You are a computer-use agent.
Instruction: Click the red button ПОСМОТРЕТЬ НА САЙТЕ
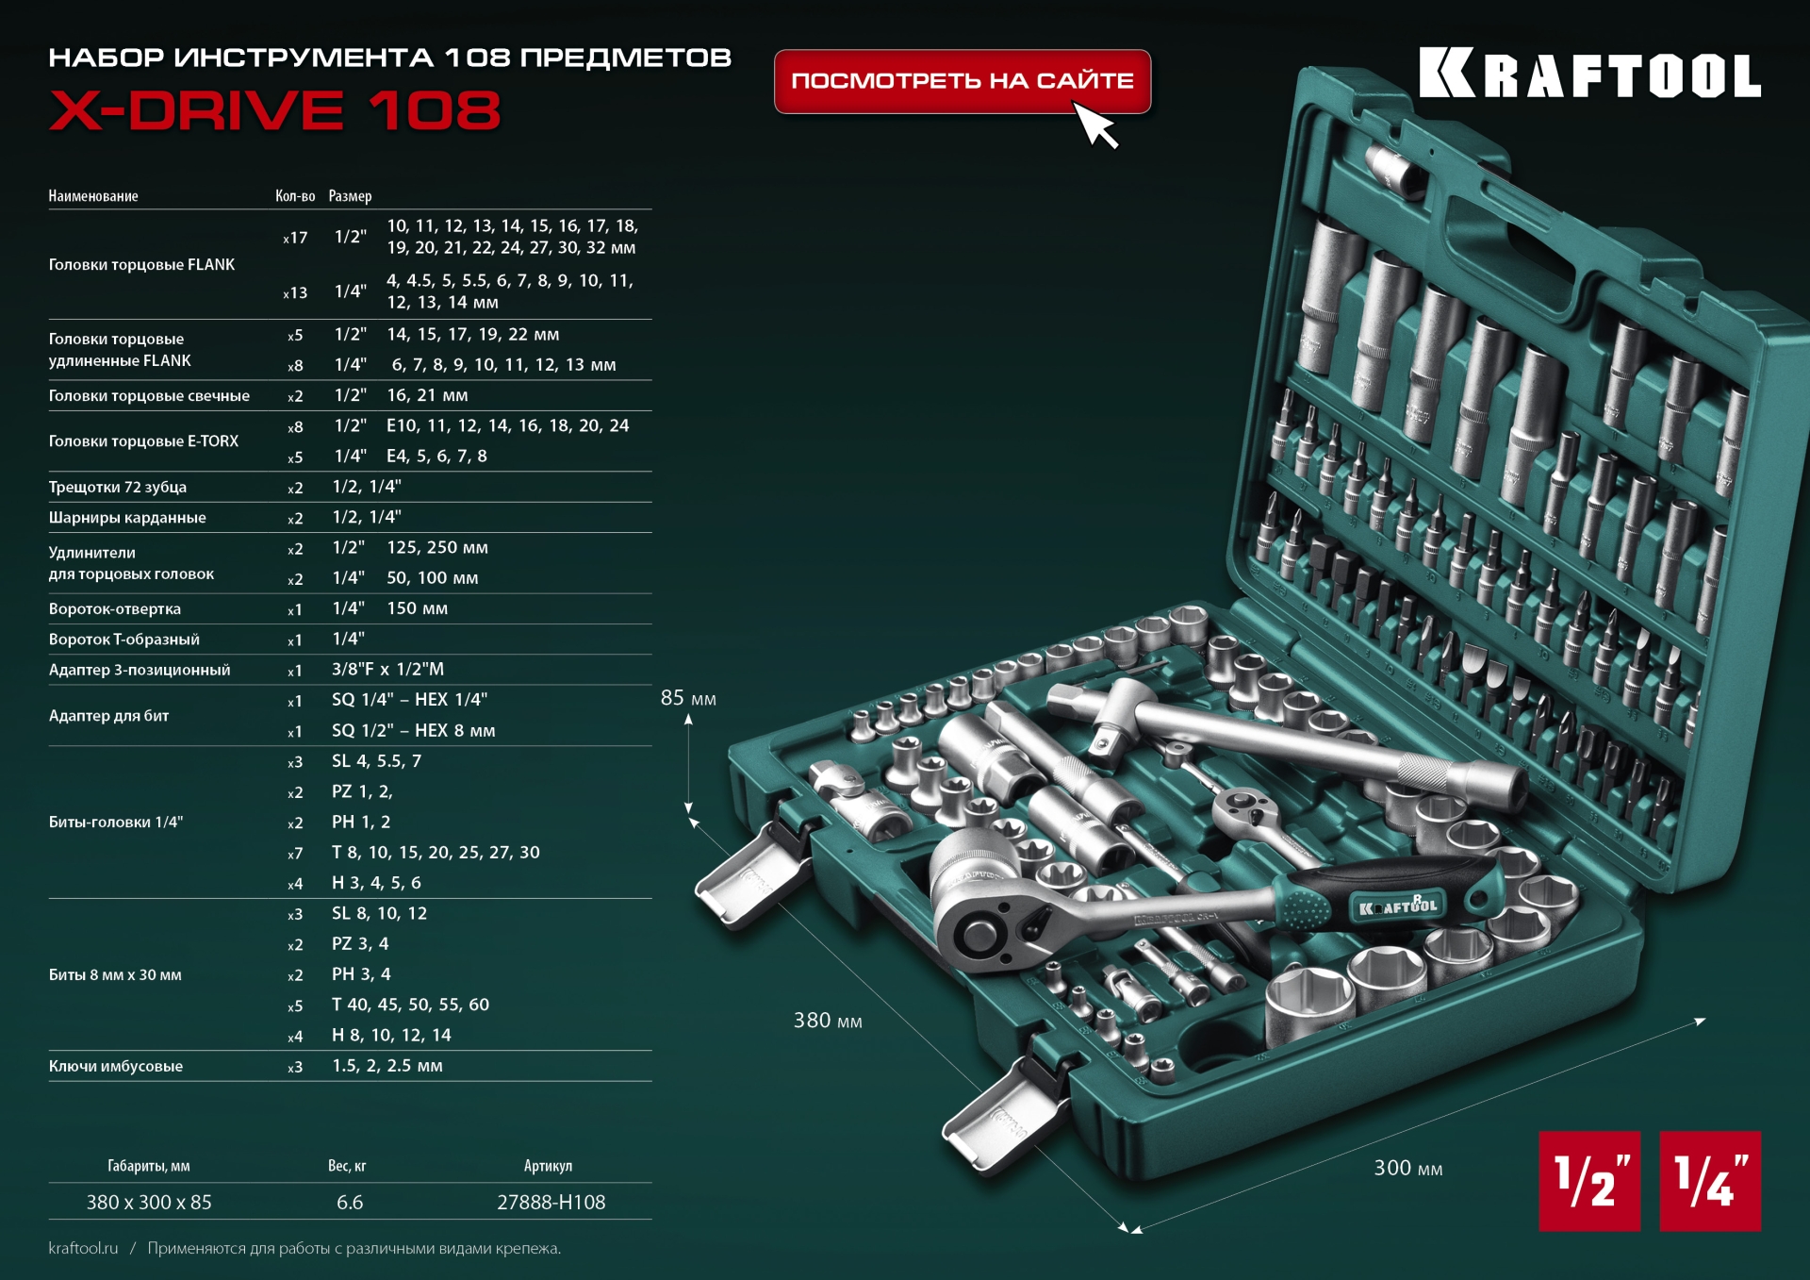(x=962, y=81)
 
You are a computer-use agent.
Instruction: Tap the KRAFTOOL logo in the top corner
(x=1589, y=74)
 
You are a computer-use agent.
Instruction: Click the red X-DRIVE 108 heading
(x=274, y=110)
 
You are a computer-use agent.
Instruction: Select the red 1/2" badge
(x=1589, y=1181)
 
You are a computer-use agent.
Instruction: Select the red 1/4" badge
(x=1710, y=1181)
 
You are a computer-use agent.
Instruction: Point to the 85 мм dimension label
(x=688, y=699)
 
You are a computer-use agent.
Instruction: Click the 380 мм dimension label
(x=828, y=1021)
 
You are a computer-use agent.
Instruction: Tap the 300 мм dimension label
(x=1407, y=1169)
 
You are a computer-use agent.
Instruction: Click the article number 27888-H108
(x=551, y=1203)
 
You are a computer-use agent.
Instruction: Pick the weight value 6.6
(x=350, y=1203)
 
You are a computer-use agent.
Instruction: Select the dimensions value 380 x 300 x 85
(x=149, y=1203)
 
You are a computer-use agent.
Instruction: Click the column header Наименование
(x=93, y=196)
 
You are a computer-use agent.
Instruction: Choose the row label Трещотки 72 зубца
(x=118, y=488)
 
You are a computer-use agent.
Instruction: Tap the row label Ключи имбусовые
(x=116, y=1067)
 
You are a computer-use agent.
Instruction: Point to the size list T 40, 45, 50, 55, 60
(x=410, y=1005)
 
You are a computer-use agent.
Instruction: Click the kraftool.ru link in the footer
(x=83, y=1249)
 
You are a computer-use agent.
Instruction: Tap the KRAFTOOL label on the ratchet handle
(x=1398, y=906)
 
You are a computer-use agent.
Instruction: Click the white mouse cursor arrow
(x=1096, y=125)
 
